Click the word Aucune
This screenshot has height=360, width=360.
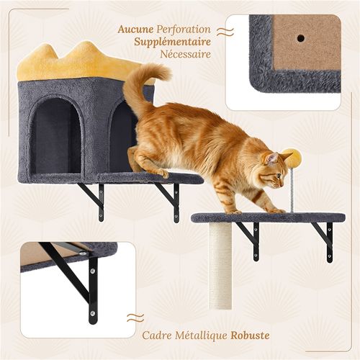[x=135, y=30]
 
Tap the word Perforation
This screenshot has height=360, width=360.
[x=184, y=30]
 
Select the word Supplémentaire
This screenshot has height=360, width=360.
[x=173, y=42]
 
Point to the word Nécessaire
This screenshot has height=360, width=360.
[x=186, y=54]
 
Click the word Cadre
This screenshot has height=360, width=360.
[x=156, y=335]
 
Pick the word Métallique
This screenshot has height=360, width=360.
[x=201, y=336]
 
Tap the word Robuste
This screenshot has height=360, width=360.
[x=250, y=335]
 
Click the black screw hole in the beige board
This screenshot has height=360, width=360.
[x=300, y=38]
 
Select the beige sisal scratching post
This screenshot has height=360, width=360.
[x=220, y=266]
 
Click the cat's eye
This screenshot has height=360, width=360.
[x=279, y=176]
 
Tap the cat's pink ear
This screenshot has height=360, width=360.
[x=271, y=158]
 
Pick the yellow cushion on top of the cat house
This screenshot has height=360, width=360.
[x=81, y=63]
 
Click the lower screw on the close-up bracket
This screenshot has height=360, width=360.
[x=93, y=313]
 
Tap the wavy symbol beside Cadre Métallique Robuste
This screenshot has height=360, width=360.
[x=135, y=318]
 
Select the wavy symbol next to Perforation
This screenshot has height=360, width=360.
[x=225, y=32]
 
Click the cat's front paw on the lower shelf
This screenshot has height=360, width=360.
[x=278, y=211]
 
